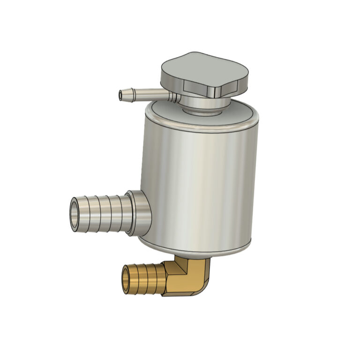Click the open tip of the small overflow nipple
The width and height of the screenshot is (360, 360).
[x=122, y=95]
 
